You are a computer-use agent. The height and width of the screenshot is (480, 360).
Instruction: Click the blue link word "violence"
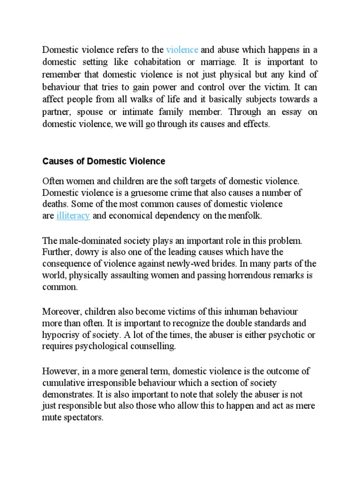point(182,49)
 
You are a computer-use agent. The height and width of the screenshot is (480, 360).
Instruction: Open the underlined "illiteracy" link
point(73,216)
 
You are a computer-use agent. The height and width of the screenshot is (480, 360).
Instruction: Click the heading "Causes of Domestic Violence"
point(104,161)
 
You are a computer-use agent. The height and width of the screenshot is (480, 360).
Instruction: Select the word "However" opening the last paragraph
point(59,371)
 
